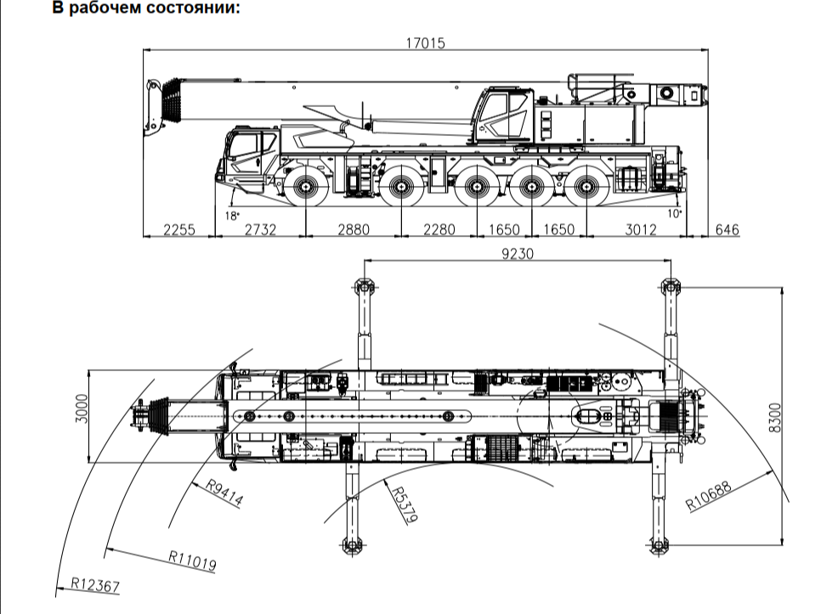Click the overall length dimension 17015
pyautogui.click(x=426, y=42)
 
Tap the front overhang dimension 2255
pyautogui.click(x=179, y=229)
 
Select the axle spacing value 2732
pyautogui.click(x=260, y=229)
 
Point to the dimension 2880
pyautogui.click(x=354, y=229)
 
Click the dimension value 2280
pyautogui.click(x=439, y=229)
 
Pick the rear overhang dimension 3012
pyautogui.click(x=640, y=229)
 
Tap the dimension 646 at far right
pyautogui.click(x=727, y=229)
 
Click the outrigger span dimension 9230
pyautogui.click(x=518, y=254)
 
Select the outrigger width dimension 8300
pyautogui.click(x=774, y=418)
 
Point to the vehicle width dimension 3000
pyautogui.click(x=82, y=408)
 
